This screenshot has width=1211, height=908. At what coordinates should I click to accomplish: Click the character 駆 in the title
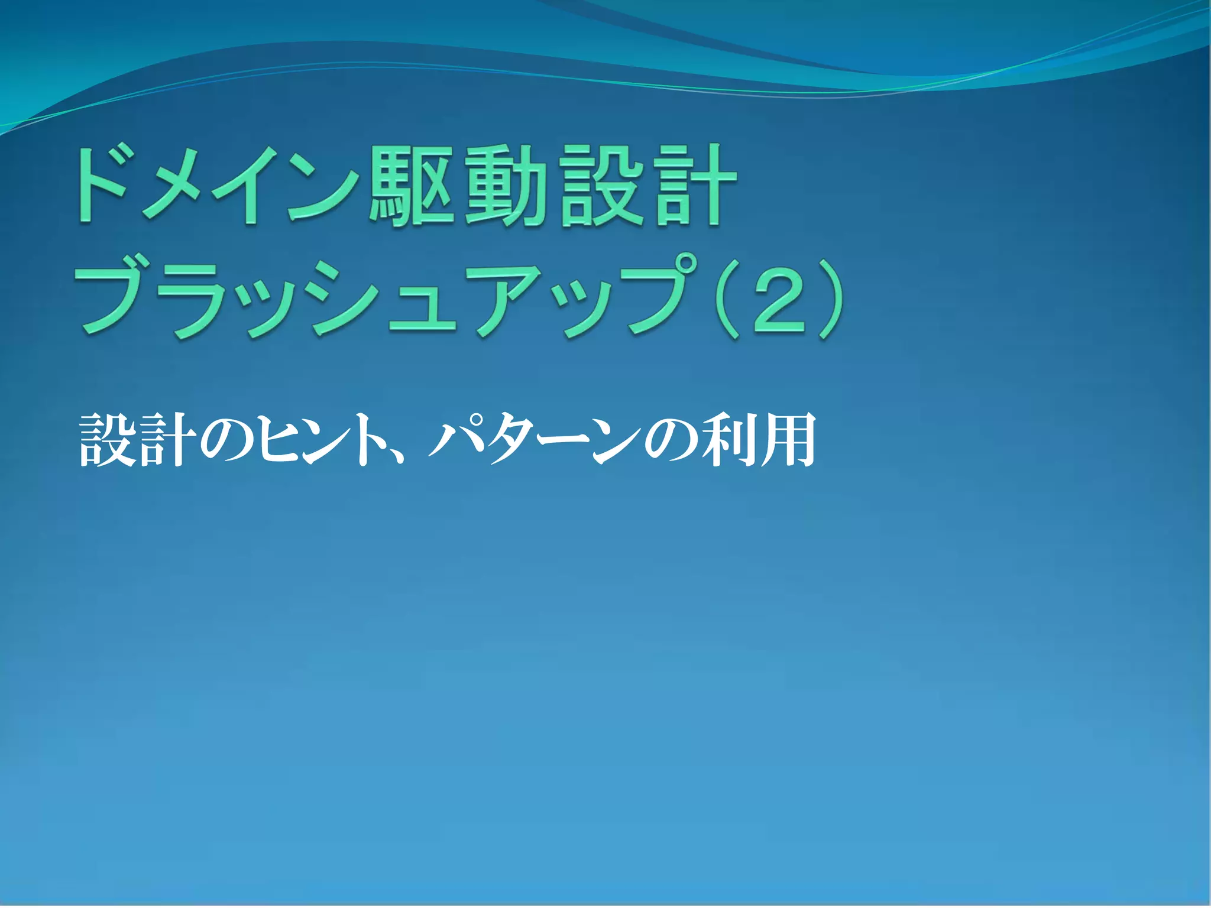point(412,186)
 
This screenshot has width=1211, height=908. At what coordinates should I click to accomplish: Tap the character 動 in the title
point(506,186)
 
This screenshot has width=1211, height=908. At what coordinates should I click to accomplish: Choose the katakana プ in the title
point(656,296)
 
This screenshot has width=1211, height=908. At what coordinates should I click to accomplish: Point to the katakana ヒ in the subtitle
point(278,440)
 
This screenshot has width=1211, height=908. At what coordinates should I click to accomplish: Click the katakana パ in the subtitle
point(458,440)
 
